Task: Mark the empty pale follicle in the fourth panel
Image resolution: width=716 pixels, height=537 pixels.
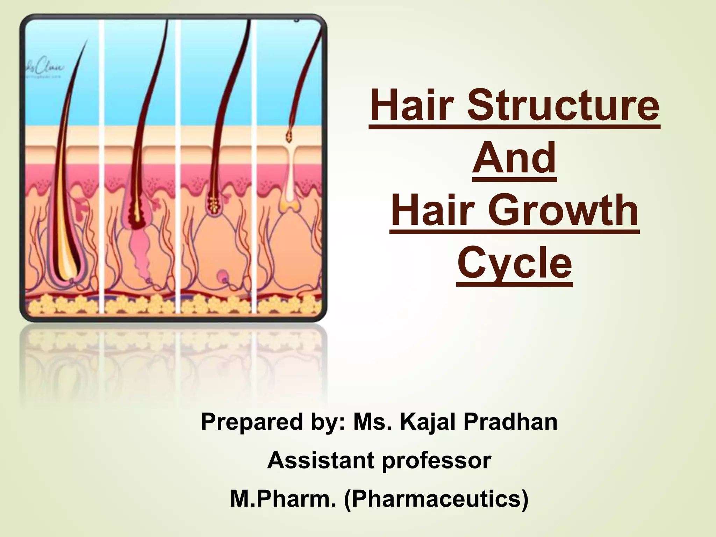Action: (x=289, y=189)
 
